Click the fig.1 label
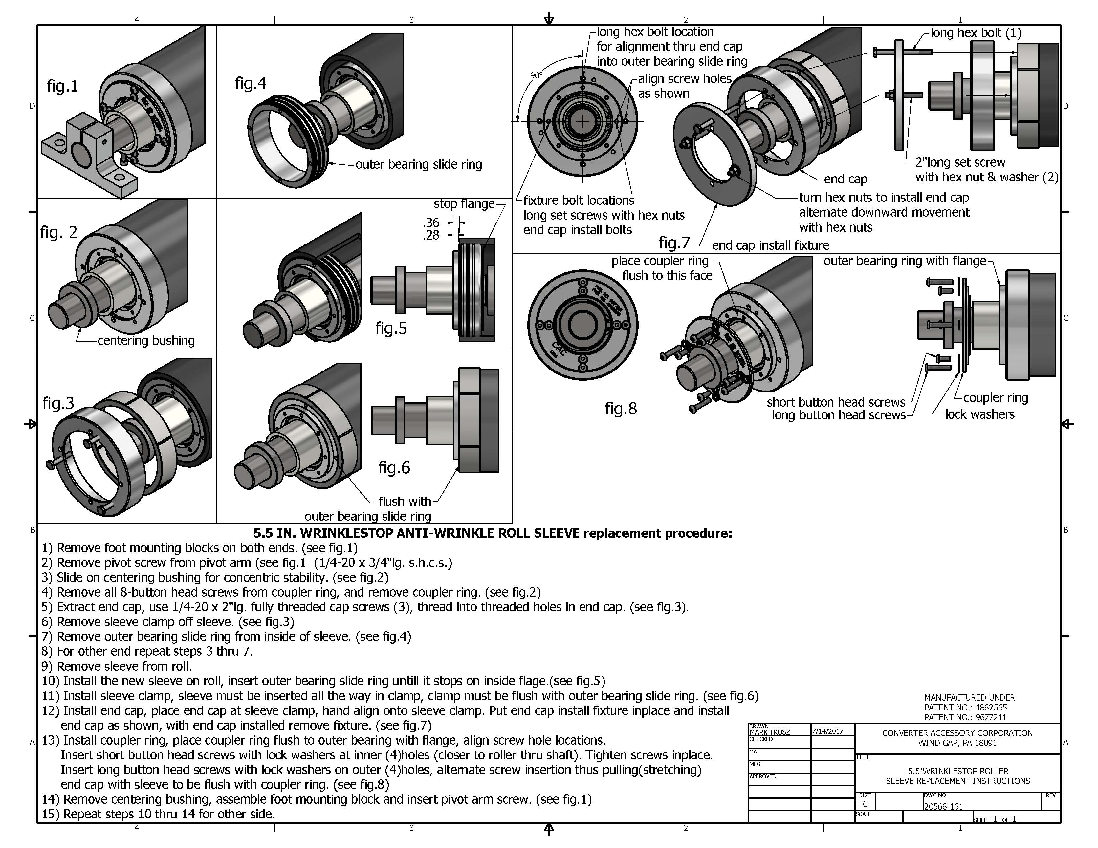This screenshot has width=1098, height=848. click(62, 86)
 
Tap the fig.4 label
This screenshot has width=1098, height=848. click(251, 83)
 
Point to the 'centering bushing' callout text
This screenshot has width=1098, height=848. click(146, 341)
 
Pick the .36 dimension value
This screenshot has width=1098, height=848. click(431, 222)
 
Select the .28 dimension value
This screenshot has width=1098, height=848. click(431, 235)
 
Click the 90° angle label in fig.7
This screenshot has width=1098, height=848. click(537, 75)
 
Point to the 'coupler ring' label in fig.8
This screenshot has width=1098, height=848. click(996, 397)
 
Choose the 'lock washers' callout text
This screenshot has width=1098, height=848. click(979, 414)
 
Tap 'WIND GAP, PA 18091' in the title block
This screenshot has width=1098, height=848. click(957, 743)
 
